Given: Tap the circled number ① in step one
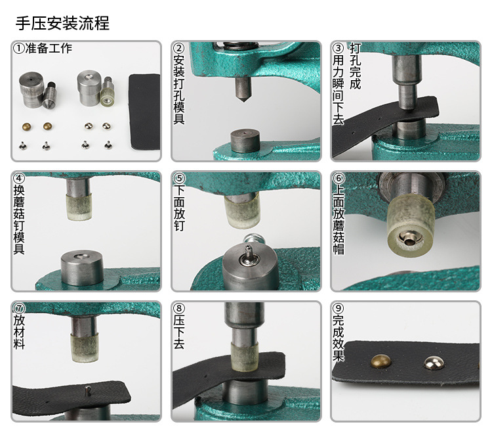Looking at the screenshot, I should tap(19, 49).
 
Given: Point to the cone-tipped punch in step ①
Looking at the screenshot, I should tap(49, 96).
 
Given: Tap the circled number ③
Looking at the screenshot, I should tap(338, 49).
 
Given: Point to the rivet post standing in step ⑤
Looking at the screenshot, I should tap(249, 251).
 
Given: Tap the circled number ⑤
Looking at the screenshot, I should tap(179, 179).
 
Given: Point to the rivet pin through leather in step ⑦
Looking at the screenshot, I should tap(86, 390).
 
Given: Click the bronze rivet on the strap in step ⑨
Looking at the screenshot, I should tap(380, 360).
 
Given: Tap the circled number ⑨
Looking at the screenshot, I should tap(338, 308).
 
